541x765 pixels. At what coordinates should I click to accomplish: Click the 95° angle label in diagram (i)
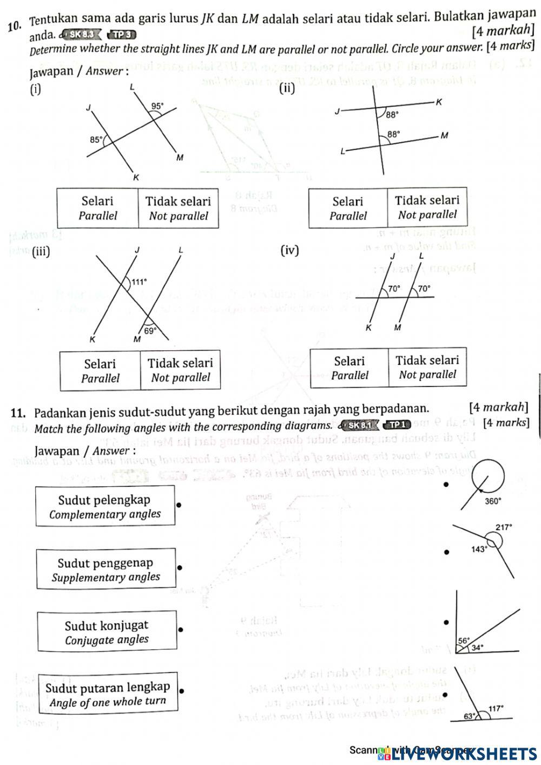click(x=157, y=106)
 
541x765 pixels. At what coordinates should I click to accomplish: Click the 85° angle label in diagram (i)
click(x=96, y=139)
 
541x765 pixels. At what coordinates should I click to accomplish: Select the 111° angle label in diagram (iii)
click(x=140, y=282)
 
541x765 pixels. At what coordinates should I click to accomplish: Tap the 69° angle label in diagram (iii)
click(x=150, y=329)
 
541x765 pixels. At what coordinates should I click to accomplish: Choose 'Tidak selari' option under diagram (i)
click(x=178, y=208)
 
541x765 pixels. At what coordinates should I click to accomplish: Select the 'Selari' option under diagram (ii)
click(x=348, y=208)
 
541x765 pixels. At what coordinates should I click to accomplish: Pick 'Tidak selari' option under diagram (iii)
click(x=180, y=370)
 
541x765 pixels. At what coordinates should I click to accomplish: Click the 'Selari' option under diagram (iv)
click(x=349, y=368)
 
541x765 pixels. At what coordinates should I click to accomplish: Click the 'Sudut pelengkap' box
click(x=105, y=506)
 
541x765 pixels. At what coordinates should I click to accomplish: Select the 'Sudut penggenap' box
click(x=106, y=570)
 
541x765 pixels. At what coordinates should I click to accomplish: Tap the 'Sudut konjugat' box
click(x=107, y=632)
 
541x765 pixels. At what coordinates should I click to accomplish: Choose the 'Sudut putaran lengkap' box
click(x=108, y=695)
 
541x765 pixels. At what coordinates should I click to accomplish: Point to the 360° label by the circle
click(x=493, y=501)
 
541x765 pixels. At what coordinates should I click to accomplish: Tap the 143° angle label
click(x=479, y=549)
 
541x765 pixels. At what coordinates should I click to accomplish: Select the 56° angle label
click(x=464, y=640)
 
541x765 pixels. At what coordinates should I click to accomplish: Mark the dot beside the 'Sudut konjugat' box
click(x=181, y=630)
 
